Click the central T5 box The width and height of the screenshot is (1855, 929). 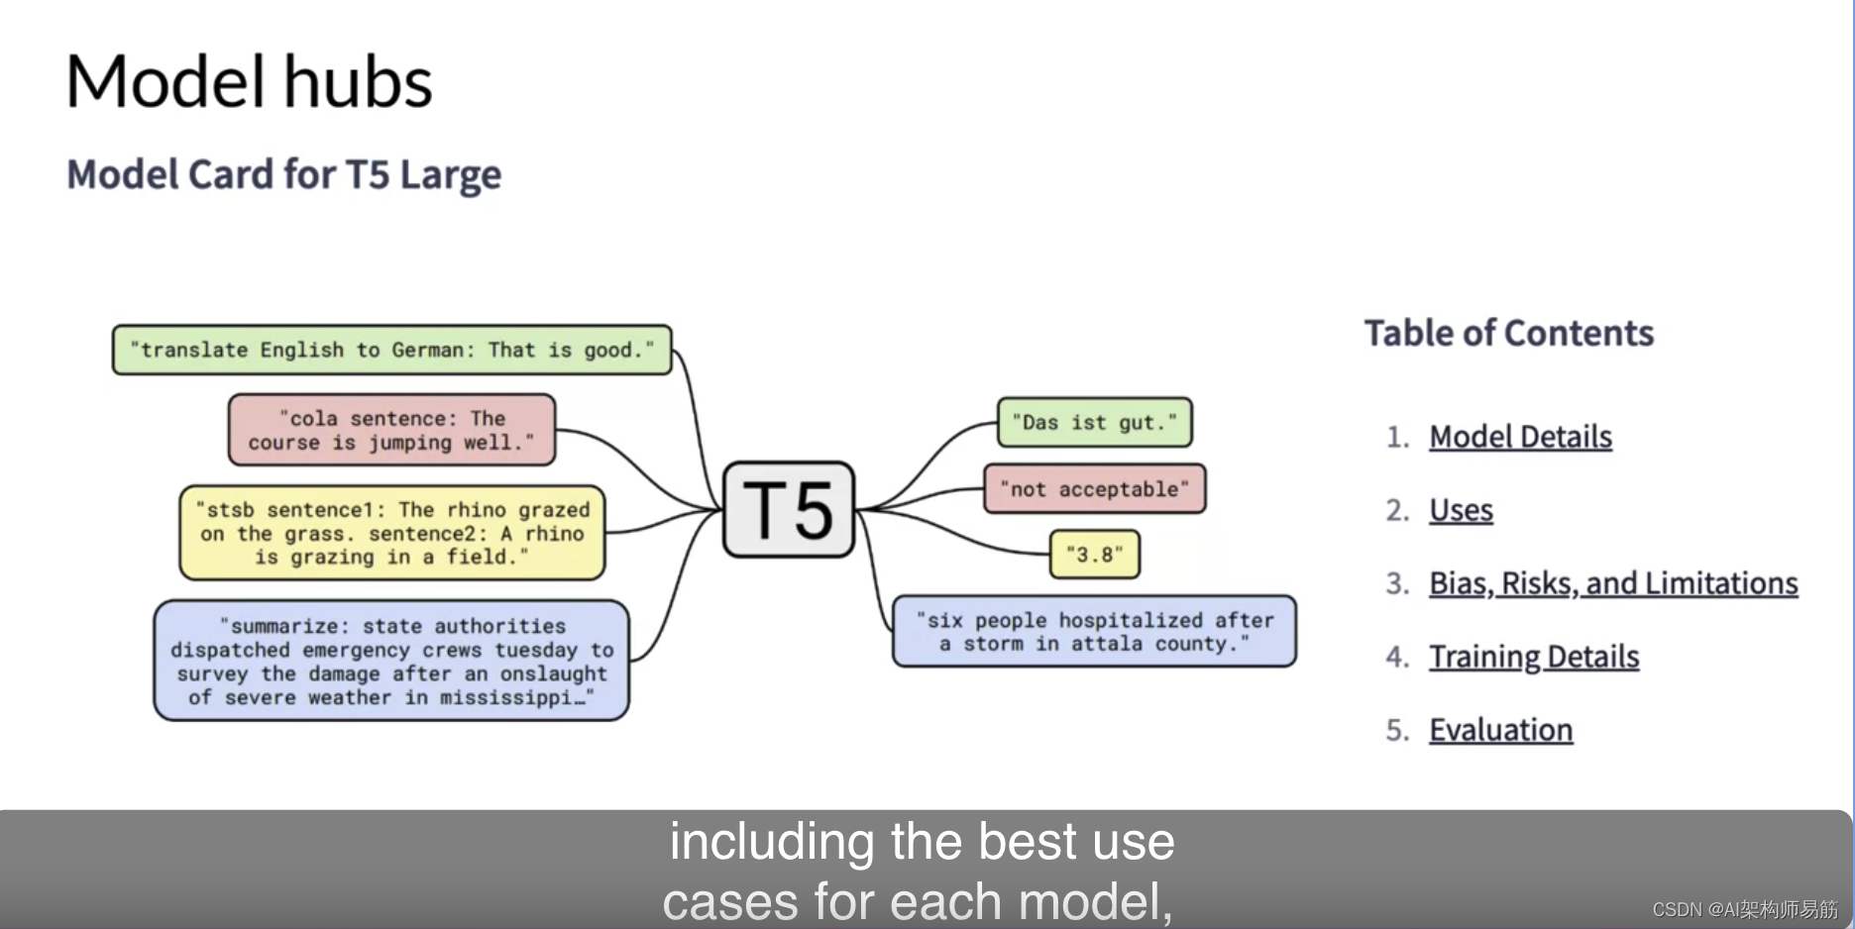pyautogui.click(x=788, y=509)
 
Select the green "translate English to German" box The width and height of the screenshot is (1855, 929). pyautogui.click(x=391, y=350)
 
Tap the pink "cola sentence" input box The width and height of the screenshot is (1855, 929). pyautogui.click(x=391, y=430)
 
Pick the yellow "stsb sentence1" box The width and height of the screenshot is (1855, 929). pyautogui.click(x=391, y=533)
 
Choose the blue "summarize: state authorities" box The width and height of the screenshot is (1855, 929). pyautogui.click(x=391, y=661)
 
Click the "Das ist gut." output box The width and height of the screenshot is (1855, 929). pyautogui.click(x=1094, y=423)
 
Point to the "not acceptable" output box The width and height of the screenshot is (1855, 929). pyautogui.click(x=1094, y=488)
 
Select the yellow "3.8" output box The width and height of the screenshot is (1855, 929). pyautogui.click(x=1094, y=555)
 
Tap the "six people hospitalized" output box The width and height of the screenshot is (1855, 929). pyautogui.click(x=1094, y=632)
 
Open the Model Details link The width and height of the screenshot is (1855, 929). pyautogui.click(x=1520, y=437)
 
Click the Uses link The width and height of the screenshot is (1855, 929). pyautogui.click(x=1461, y=510)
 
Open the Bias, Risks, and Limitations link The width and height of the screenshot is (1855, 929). pyautogui.click(x=1612, y=583)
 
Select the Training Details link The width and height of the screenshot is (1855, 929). pyautogui.click(x=1533, y=657)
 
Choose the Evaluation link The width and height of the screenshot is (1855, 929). pyautogui.click(x=1500, y=730)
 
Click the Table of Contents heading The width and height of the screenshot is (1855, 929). pyautogui.click(x=1508, y=333)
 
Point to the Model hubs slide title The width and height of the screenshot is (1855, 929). pyautogui.click(x=249, y=81)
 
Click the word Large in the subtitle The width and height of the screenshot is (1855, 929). pyautogui.click(x=451, y=175)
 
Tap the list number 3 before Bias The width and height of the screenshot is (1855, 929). pyautogui.click(x=1396, y=583)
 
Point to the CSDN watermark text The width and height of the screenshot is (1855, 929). pyautogui.click(x=1744, y=909)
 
